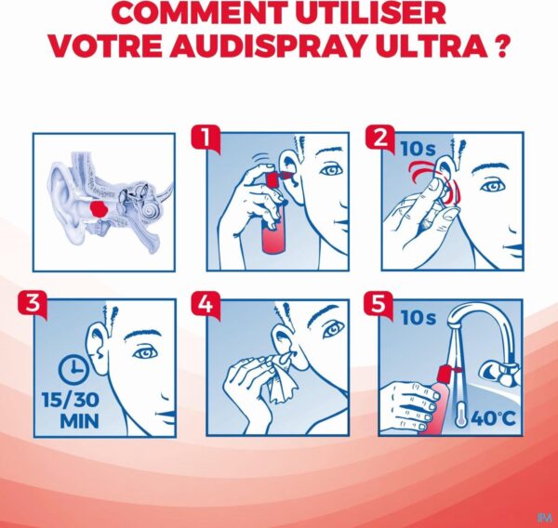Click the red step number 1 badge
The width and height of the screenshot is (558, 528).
click(206, 139)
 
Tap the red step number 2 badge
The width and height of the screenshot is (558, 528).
click(380, 139)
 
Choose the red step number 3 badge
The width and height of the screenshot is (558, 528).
click(33, 305)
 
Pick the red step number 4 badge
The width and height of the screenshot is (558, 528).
click(206, 305)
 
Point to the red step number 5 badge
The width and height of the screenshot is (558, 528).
click(379, 305)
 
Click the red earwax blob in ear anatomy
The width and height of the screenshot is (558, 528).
click(99, 208)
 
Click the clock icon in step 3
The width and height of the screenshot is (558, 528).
click(73, 370)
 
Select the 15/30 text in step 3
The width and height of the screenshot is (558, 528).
click(71, 400)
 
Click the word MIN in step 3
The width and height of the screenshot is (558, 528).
click(79, 422)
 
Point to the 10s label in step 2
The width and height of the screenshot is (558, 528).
click(418, 149)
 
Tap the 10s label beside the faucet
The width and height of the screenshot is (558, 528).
click(418, 318)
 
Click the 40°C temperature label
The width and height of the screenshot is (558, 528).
click(493, 418)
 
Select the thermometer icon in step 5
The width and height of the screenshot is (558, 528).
click(460, 414)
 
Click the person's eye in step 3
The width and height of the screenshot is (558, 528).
click(146, 353)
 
